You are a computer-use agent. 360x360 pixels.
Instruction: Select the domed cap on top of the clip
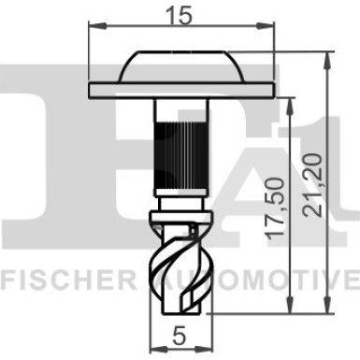coord(180,67)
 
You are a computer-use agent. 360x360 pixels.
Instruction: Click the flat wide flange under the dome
coord(180,91)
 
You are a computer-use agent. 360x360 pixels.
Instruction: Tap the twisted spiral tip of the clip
coord(180,271)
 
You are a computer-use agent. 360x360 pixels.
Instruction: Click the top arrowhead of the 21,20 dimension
coord(326,57)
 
